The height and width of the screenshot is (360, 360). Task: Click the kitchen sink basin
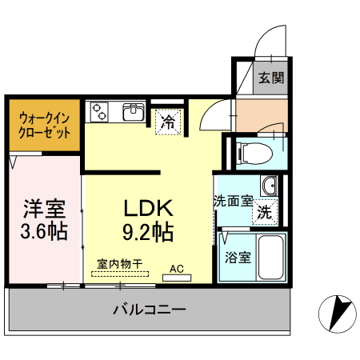coord(134,112)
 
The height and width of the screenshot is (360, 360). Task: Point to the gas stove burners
coord(101,112)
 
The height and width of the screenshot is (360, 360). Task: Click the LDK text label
coord(148,207)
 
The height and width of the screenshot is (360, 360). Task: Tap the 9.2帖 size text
coord(148,233)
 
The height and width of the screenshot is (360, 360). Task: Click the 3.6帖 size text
coord(43,232)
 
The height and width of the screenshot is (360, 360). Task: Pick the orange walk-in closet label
coord(43,123)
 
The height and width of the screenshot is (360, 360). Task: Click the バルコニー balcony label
coord(149,309)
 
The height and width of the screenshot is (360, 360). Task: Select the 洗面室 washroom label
coord(233,202)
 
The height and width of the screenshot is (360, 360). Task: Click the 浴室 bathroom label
coord(238,258)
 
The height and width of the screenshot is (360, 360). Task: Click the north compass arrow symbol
coord(339,312)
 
